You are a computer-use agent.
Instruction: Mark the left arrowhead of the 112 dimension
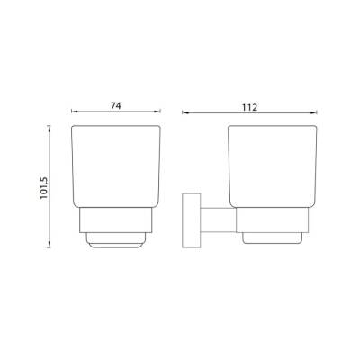tap(184, 113)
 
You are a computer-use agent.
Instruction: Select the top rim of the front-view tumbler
tap(118, 127)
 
